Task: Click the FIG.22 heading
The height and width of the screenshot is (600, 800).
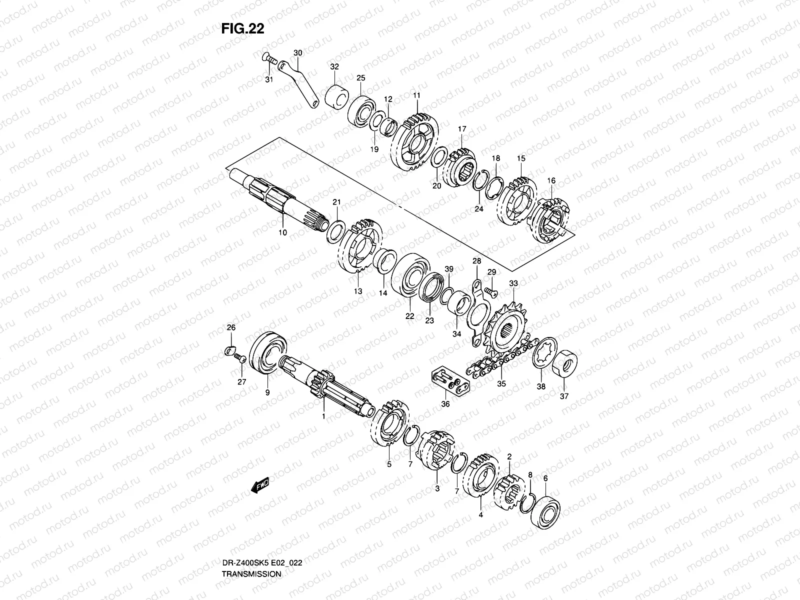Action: (x=242, y=29)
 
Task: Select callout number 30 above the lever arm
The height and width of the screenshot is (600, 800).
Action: (x=297, y=53)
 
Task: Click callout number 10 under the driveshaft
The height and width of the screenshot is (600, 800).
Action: (x=282, y=233)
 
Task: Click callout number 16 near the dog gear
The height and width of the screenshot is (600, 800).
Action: (x=551, y=180)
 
